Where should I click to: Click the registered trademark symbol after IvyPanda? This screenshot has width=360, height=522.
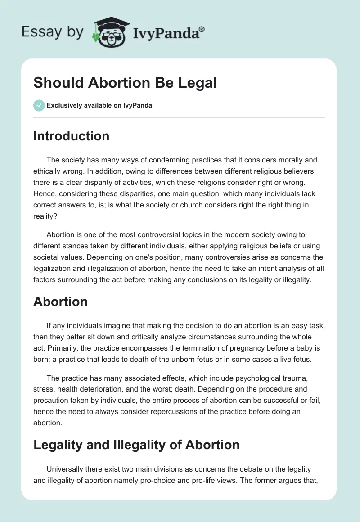(x=202, y=29)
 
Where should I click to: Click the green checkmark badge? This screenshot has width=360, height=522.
(x=38, y=106)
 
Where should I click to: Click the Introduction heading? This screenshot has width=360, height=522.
(x=71, y=136)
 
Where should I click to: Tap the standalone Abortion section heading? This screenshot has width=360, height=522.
(x=60, y=301)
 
